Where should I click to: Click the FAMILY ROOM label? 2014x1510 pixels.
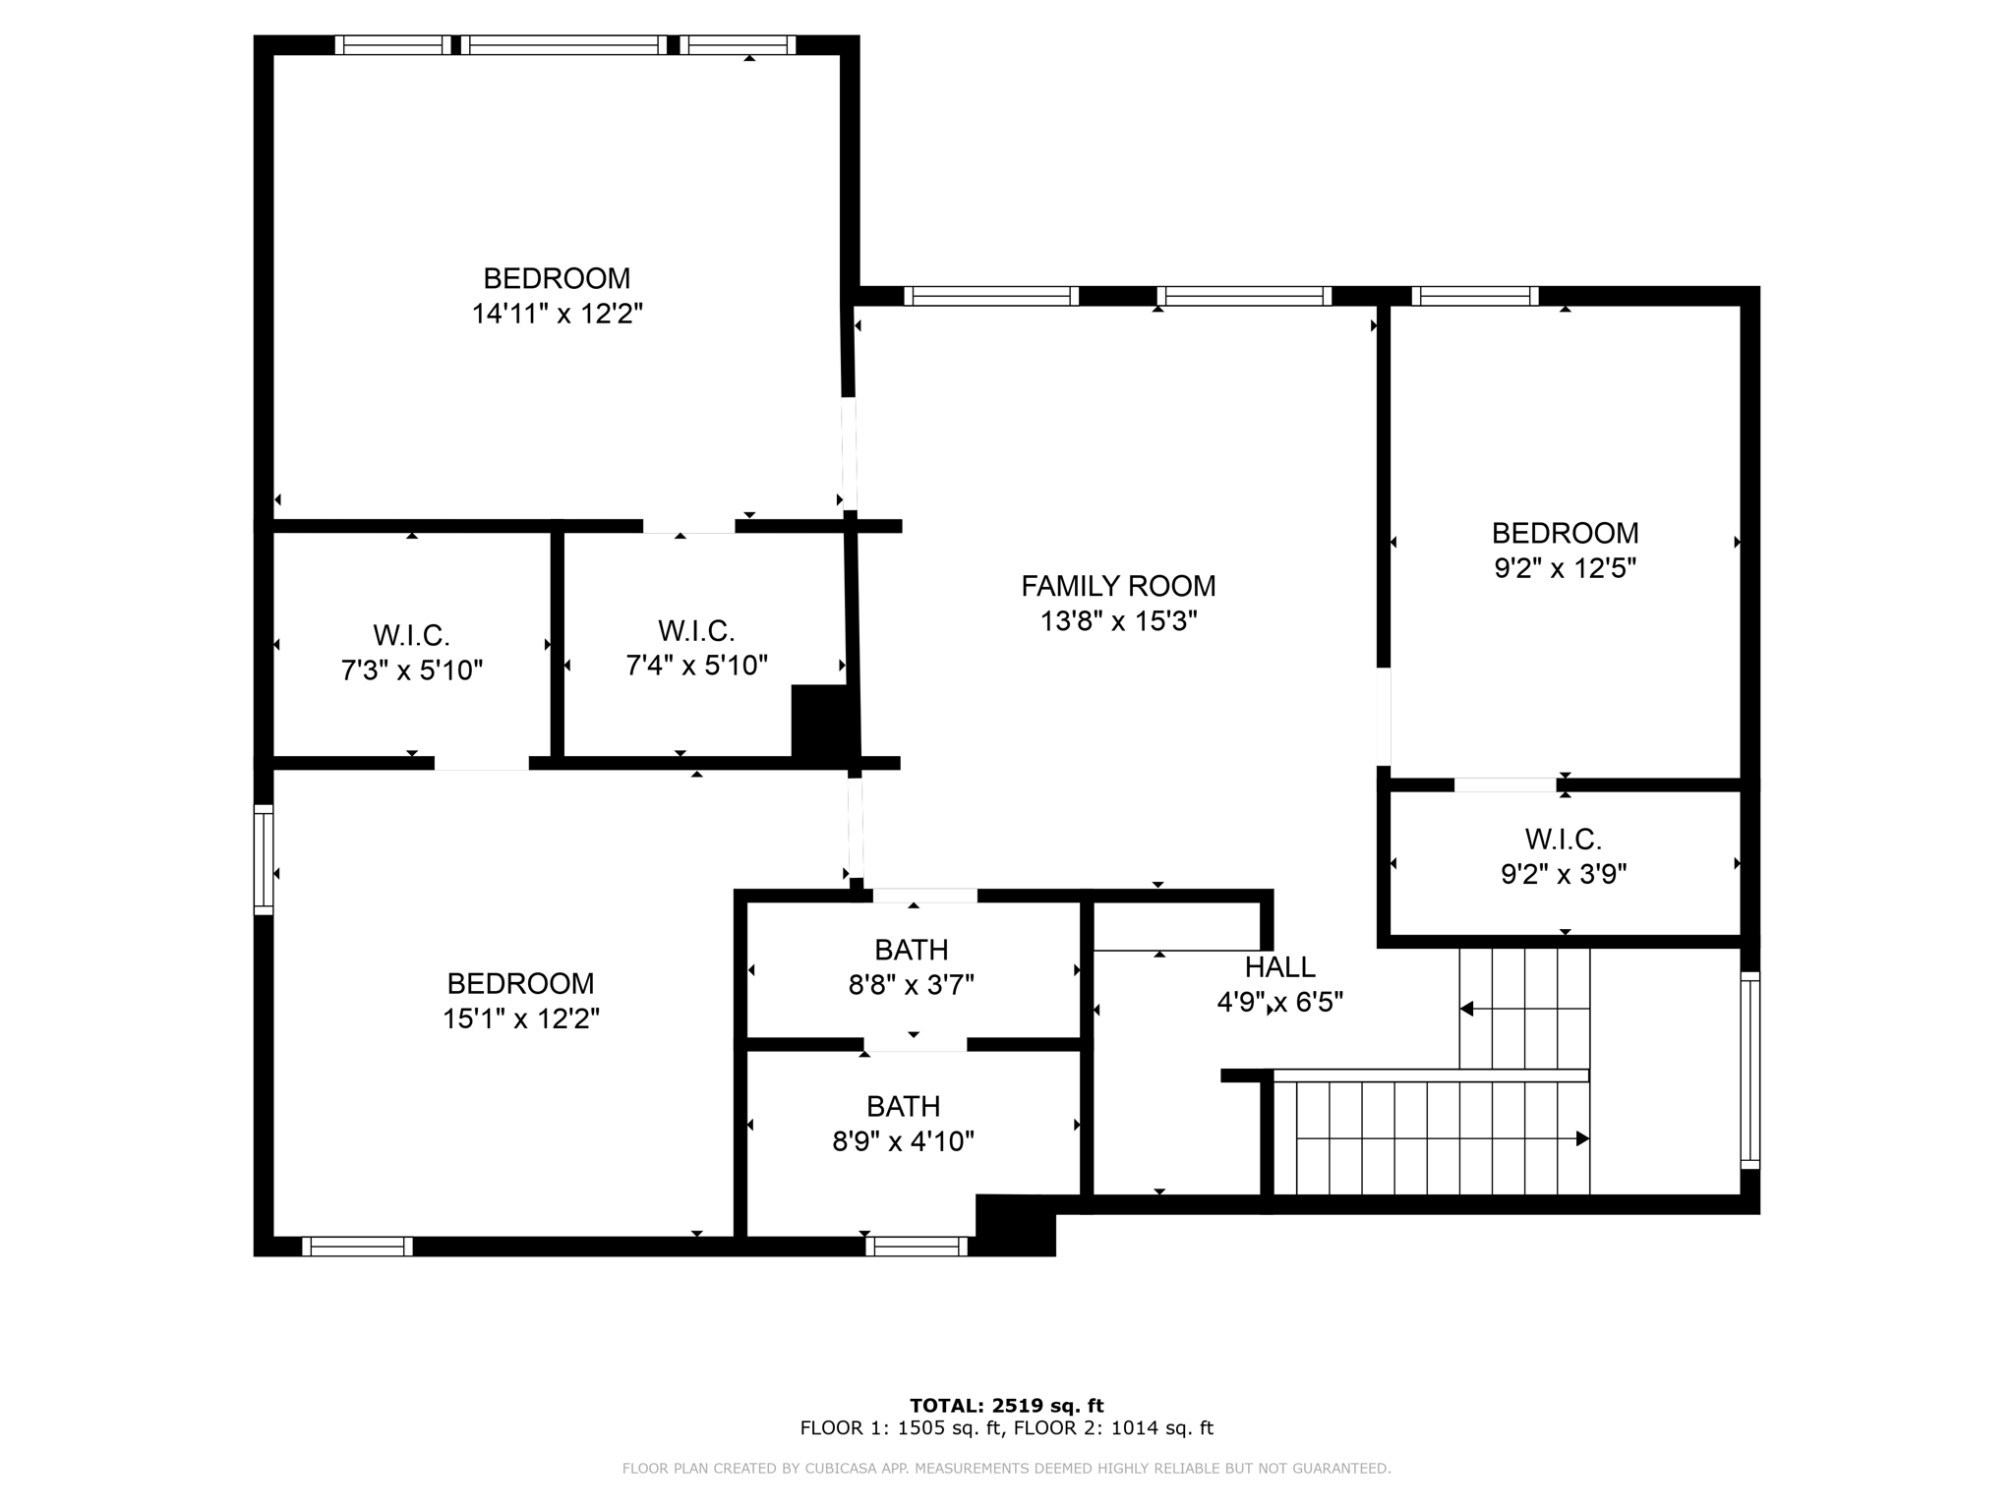[1118, 586]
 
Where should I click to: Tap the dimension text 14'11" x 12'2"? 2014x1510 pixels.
[557, 314]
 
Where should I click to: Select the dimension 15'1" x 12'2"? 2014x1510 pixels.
[520, 1018]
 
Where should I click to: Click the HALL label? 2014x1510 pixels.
[1279, 967]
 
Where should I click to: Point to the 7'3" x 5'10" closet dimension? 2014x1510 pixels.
[411, 670]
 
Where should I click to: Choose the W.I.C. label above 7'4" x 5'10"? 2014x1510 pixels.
[696, 630]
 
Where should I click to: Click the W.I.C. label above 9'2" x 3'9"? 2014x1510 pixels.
[1563, 840]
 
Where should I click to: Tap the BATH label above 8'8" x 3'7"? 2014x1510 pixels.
[911, 950]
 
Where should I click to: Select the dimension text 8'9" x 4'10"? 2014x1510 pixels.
[903, 1141]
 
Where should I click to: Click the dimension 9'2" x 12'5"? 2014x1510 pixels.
[1565, 568]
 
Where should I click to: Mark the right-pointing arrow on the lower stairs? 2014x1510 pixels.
[1581, 1138]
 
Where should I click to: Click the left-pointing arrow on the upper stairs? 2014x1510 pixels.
[1466, 1009]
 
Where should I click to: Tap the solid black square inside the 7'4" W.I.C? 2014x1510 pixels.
[821, 721]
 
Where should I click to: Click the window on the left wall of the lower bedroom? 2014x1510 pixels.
[264, 859]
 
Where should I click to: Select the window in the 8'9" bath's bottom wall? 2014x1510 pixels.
[917, 1247]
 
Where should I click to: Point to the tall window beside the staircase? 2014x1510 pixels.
[1749, 1070]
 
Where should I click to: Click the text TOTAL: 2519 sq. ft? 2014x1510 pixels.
[1006, 1406]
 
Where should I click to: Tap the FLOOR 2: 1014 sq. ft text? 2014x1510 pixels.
[1113, 1428]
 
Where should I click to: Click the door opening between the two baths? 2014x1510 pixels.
[915, 1044]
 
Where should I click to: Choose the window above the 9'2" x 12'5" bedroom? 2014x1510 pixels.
[1474, 296]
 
